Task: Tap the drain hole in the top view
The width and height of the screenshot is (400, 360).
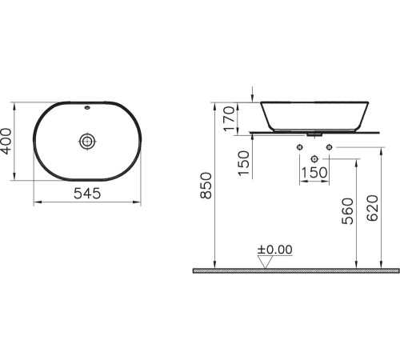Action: [86, 142]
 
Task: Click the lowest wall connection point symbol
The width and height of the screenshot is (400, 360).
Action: [314, 156]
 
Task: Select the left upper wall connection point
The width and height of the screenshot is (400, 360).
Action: [300, 148]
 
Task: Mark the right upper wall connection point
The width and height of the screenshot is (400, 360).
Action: [328, 148]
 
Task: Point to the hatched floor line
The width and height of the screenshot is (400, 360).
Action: [296, 271]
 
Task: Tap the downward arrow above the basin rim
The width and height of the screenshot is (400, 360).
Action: [253, 97]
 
